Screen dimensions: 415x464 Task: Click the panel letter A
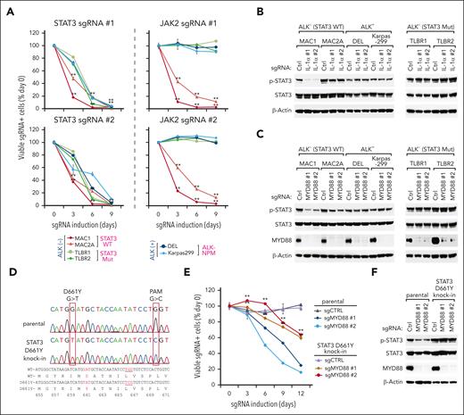6,7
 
